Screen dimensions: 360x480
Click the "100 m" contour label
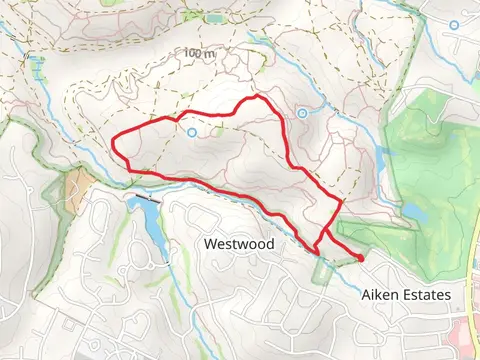point(200,52)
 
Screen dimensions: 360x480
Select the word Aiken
point(377,295)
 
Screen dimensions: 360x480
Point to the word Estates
point(426,295)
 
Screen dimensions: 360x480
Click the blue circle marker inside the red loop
point(191,131)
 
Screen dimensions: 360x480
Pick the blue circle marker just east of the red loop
point(301,112)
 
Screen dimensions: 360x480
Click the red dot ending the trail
point(359,258)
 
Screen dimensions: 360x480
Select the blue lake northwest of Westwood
point(147,225)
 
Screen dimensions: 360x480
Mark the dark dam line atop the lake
point(147,200)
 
